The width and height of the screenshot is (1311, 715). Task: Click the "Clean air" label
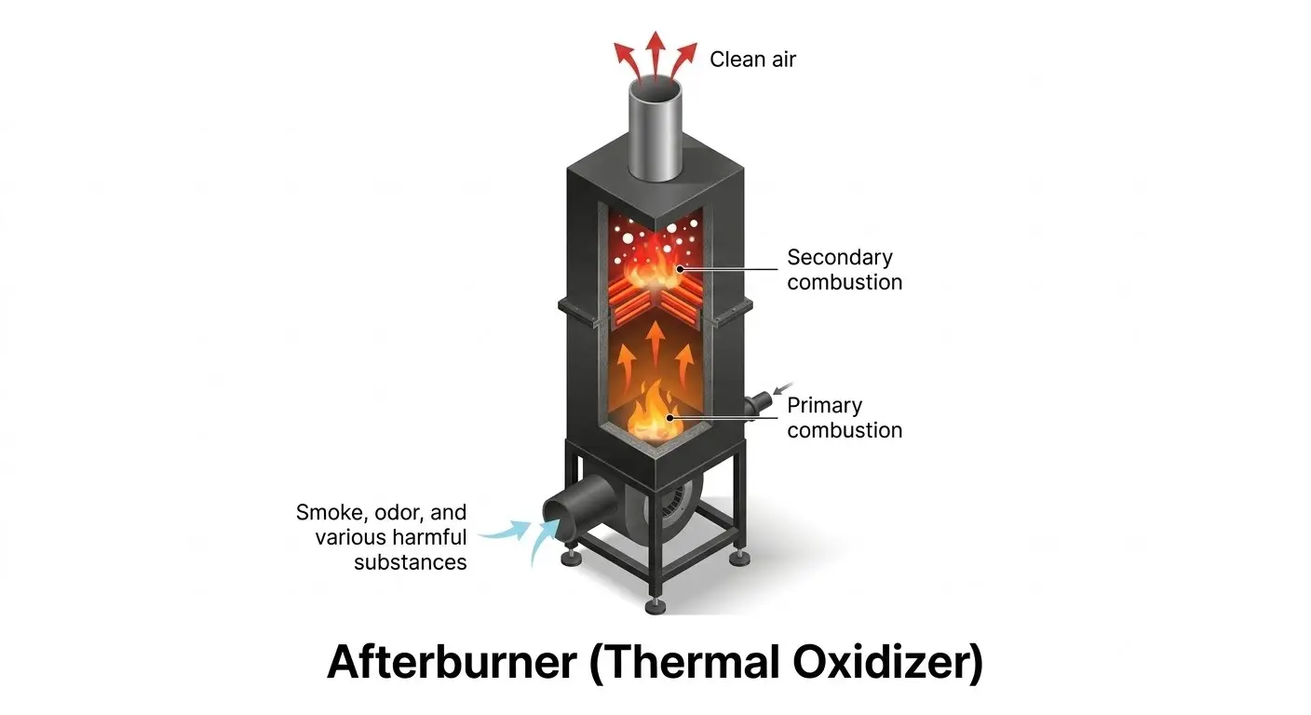pos(752,60)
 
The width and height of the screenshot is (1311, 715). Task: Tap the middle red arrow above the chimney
pos(655,54)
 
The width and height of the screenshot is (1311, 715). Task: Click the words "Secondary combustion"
pos(844,270)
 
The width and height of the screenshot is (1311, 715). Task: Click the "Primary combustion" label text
pos(844,418)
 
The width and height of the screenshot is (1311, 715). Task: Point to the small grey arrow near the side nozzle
pos(783,388)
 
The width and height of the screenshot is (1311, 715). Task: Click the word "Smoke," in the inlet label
pos(331,513)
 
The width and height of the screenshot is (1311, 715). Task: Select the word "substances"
pos(411,563)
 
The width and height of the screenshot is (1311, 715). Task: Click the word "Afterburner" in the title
pos(452,662)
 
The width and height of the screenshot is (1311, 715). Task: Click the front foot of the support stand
pos(655,606)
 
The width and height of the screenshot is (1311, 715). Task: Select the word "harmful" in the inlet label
pos(429,537)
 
